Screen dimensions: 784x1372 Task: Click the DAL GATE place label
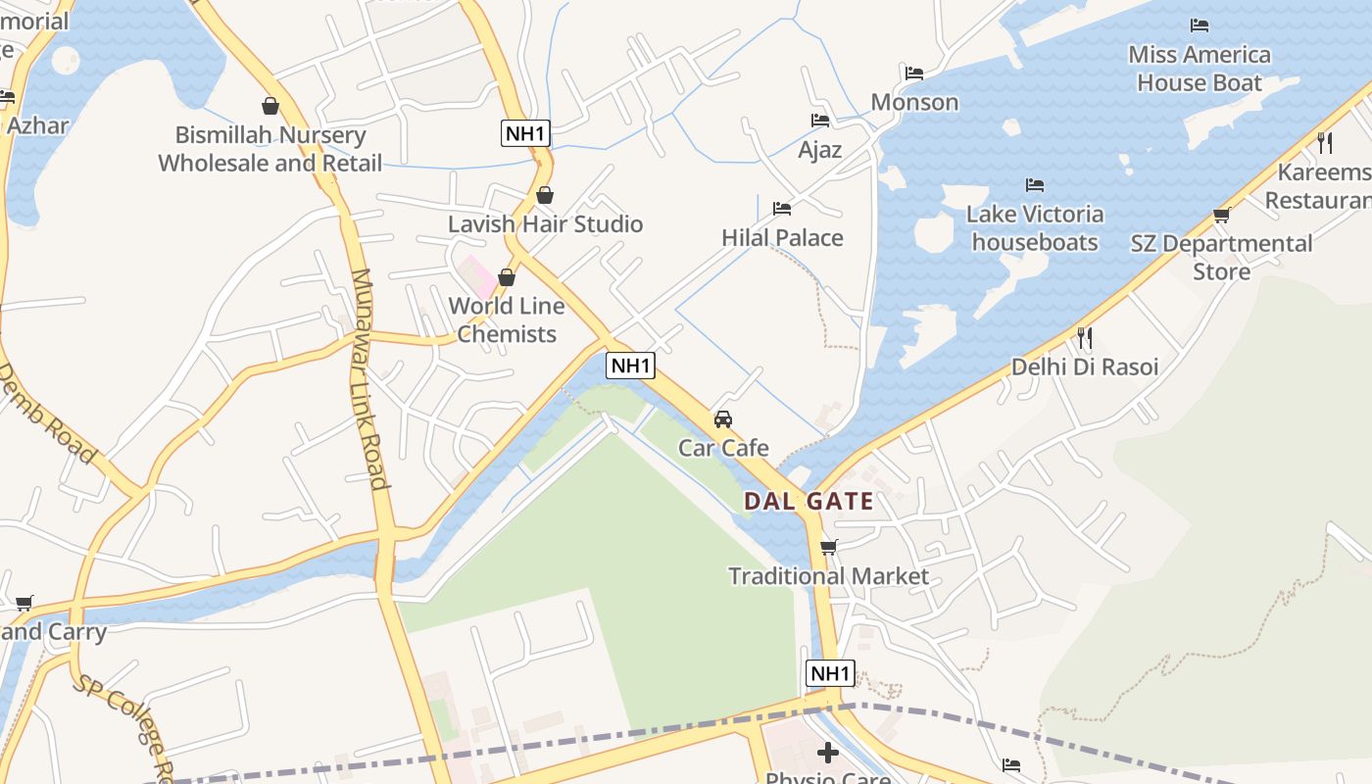coord(808,502)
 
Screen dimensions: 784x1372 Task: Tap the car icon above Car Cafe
coord(723,419)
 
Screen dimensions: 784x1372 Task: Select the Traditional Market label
coord(828,576)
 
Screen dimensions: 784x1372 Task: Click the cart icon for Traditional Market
coord(828,547)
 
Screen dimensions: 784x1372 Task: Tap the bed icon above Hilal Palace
coord(782,209)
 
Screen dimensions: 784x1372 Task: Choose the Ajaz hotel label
coord(820,150)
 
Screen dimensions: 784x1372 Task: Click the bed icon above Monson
coord(914,73)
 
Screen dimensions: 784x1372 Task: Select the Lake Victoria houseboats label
coord(1035,227)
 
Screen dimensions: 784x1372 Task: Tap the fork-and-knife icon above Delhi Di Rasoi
coord(1085,338)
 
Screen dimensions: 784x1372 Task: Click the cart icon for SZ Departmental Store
coord(1221,215)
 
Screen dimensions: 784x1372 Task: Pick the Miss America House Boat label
coord(1200,69)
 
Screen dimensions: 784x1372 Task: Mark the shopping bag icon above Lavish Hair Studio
coord(545,195)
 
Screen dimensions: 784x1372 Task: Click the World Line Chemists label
coord(507,319)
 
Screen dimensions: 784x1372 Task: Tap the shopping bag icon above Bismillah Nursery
coord(270,106)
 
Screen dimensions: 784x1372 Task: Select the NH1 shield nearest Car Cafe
coord(630,366)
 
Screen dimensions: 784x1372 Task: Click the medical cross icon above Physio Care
coord(828,753)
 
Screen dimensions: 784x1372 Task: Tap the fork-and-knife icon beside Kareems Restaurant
coord(1325,143)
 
